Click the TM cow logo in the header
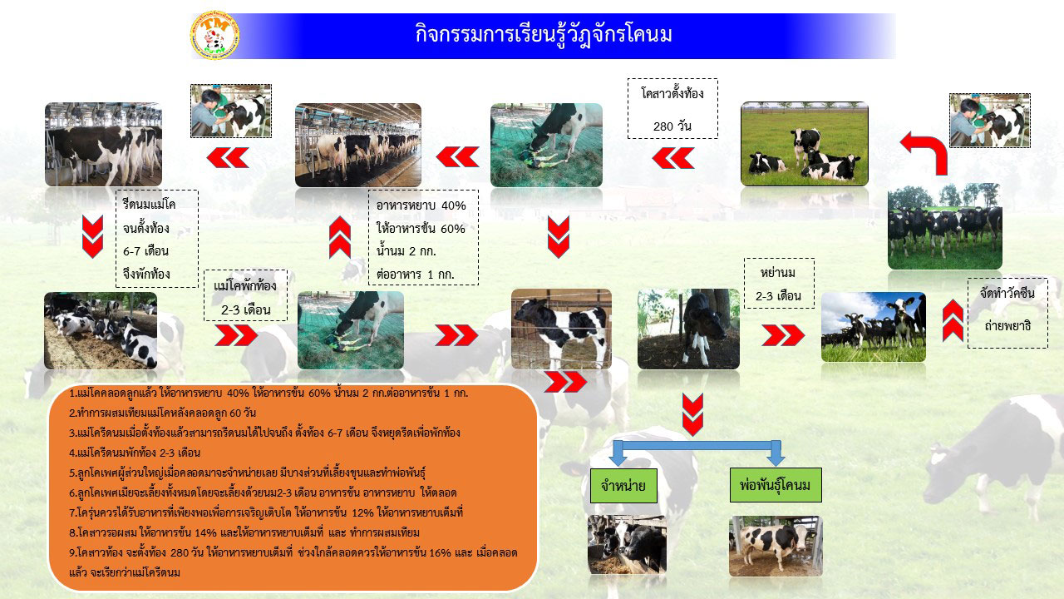coord(214,36)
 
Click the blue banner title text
coord(544,35)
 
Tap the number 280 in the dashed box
coord(663,126)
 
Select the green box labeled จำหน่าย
coord(623,486)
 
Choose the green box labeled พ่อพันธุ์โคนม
coord(776,485)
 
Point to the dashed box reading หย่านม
coord(779,284)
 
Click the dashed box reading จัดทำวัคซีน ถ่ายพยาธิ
coord(1007,313)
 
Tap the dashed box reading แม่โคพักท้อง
coord(245,295)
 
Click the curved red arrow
coord(926,150)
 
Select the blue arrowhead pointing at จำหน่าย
coord(618,458)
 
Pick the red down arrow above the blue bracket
coord(692,414)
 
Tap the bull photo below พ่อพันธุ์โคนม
coord(776,546)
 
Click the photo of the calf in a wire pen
coord(561,329)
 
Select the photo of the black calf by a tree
coord(688,329)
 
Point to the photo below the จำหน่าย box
coord(627,544)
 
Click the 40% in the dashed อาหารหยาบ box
coord(454,205)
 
